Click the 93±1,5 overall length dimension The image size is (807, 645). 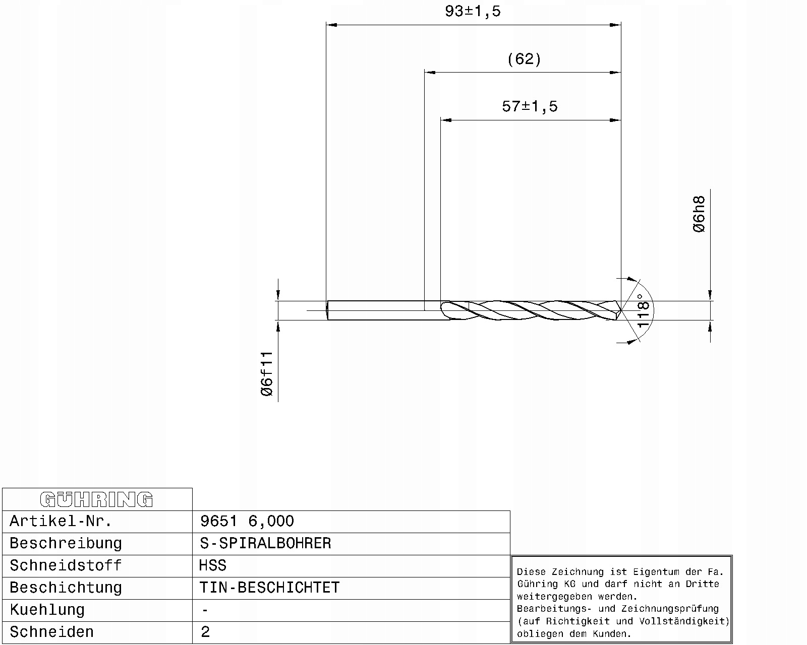pos(473,11)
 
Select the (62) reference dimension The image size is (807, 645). pos(524,59)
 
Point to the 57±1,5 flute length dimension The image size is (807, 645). pos(530,106)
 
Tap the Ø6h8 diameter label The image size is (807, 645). pos(699,214)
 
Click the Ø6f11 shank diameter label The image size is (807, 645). pos(267,373)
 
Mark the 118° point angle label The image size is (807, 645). pos(643,311)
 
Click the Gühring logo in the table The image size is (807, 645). pos(96,499)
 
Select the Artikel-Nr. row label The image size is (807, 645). pos(61,521)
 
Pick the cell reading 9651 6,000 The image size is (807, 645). pos(247,521)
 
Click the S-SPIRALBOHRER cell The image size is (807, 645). pos(265,543)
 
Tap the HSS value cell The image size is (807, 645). pos(212,565)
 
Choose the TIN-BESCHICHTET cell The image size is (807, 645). pos(269,588)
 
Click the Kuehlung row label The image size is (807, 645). pos(47,610)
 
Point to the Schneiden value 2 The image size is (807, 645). pos(205,632)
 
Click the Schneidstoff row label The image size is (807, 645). pos(66,565)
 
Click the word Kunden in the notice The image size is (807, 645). pos(615,634)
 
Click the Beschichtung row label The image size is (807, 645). pos(66,588)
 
